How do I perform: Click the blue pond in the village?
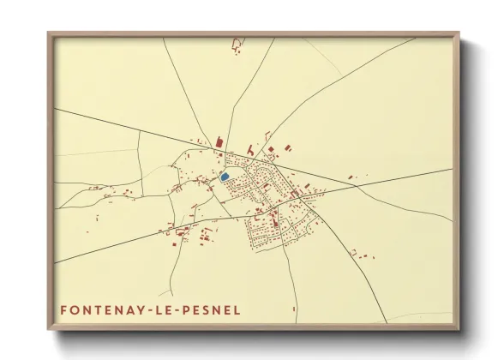pyautogui.click(x=225, y=177)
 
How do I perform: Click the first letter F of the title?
pyautogui.click(x=63, y=309)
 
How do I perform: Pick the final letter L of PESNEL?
pyautogui.click(x=237, y=309)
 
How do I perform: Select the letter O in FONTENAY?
pyautogui.click(x=75, y=309)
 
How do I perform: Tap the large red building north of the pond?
pyautogui.click(x=219, y=142)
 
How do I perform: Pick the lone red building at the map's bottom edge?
pyautogui.click(x=293, y=309)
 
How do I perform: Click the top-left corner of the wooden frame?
pyautogui.click(x=49, y=33)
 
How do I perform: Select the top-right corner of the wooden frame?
pyautogui.click(x=458, y=33)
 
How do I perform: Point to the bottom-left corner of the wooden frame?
pyautogui.click(x=49, y=328)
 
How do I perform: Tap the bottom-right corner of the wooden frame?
pyautogui.click(x=458, y=328)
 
